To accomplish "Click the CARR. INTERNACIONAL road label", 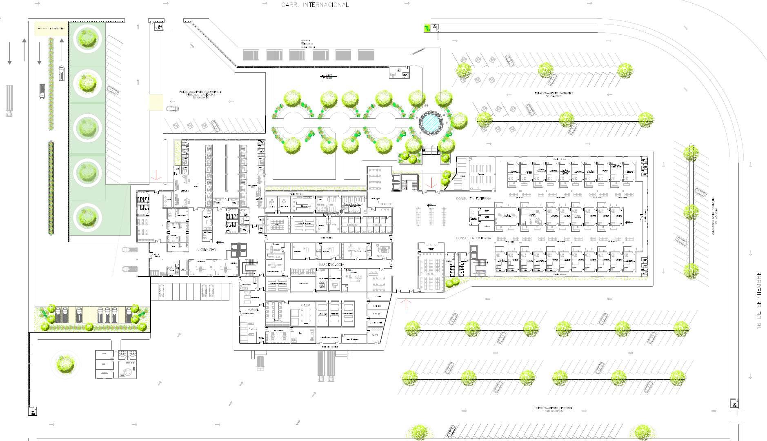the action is pyautogui.click(x=315, y=5).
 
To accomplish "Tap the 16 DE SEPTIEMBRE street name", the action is pyautogui.click(x=758, y=300).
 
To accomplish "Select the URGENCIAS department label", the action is pyautogui.click(x=207, y=249).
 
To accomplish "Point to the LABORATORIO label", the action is pyautogui.click(x=331, y=214).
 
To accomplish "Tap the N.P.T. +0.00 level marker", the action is pyautogui.click(x=328, y=76).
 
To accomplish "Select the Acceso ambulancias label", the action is pyautogui.click(x=51, y=28).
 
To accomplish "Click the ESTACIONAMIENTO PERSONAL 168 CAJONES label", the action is pyautogui.click(x=554, y=409).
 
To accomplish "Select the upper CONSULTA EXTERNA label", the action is pyautogui.click(x=473, y=198).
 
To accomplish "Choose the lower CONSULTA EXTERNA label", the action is pyautogui.click(x=473, y=238).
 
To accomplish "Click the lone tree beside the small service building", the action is pyautogui.click(x=65, y=363).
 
